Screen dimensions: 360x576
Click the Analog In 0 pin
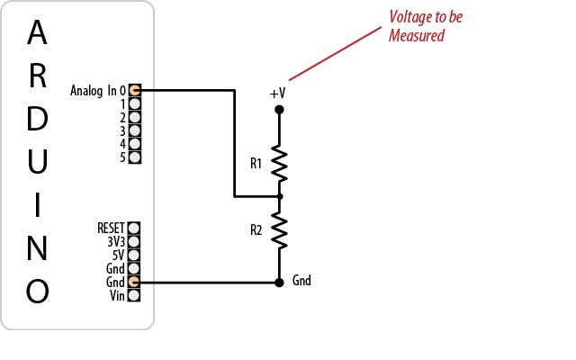coord(134,90)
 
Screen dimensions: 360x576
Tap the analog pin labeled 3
coord(134,130)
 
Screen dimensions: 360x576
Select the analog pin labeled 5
coord(134,157)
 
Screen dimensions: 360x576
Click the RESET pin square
coord(134,229)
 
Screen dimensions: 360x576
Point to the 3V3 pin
coord(134,242)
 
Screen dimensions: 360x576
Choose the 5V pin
coord(134,256)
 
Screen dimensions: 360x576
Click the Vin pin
coord(134,296)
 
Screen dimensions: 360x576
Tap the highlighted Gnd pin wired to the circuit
coord(134,283)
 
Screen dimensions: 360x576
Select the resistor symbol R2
coord(279,229)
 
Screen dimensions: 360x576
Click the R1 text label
coord(256,164)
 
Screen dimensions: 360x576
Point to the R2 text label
coord(256,230)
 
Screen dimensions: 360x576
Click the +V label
coord(277,94)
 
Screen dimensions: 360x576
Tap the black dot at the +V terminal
coord(279,110)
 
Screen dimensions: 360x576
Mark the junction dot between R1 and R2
coord(279,195)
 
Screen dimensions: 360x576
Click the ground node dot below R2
coord(279,282)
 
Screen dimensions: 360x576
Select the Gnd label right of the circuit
coord(301,281)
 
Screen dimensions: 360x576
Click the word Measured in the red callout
coord(417,36)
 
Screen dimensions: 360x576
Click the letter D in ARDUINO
coord(37,120)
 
